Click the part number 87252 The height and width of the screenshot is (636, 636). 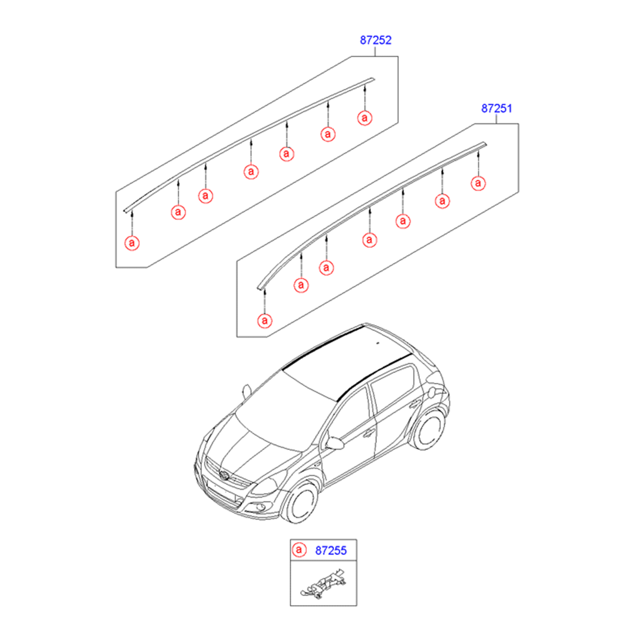coord(376,40)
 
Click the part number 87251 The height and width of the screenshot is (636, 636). coord(497,109)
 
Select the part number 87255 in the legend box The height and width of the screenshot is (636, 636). coord(331,550)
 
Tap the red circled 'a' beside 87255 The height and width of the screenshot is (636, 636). coord(299,550)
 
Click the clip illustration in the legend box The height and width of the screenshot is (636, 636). coord(324,584)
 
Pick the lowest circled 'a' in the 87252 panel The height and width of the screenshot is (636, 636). coord(132,243)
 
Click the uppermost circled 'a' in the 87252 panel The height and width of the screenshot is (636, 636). coord(365,118)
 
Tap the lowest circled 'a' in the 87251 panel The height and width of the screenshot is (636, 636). coord(265,321)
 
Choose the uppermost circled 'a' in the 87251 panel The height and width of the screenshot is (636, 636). coord(478,183)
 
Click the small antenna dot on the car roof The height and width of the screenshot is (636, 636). coord(378,343)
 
